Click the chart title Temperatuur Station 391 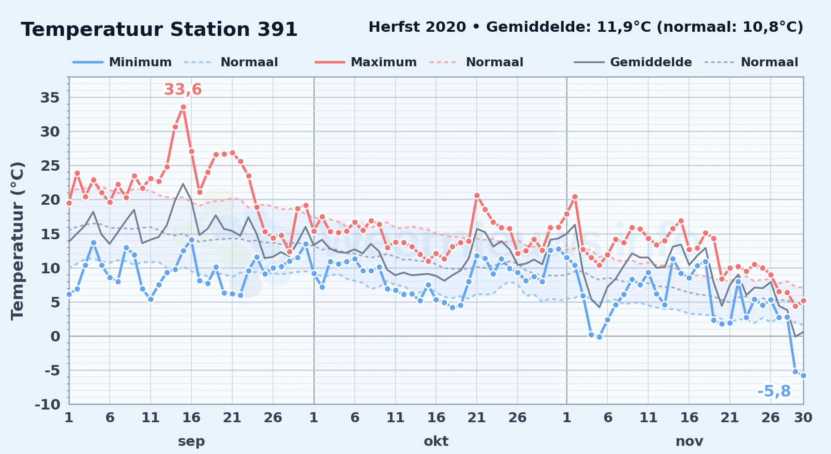coord(159,30)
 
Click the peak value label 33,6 coord(183,89)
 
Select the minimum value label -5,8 coord(774,391)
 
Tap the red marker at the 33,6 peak coord(183,107)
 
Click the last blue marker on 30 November coord(803,375)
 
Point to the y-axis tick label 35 coord(50,98)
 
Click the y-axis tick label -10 coord(48,404)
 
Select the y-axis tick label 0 coord(55,336)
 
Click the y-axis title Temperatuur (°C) coord(17,241)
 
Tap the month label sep coord(191,441)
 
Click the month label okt coord(436,441)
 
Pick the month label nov coord(689,441)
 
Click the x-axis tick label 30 coord(803,417)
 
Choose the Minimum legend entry coord(122,62)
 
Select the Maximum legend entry coord(366,62)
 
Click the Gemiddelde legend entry coord(633,62)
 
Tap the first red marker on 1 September coord(69,203)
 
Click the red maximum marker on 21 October coord(477,195)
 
